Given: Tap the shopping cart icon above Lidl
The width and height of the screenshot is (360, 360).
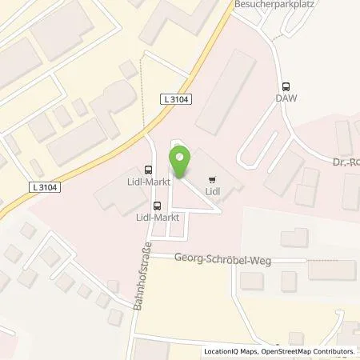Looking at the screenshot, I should coord(212,179).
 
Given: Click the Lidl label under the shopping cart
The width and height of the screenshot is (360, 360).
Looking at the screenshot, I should coord(212,191).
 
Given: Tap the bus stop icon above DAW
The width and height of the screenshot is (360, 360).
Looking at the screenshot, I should coord(285,87).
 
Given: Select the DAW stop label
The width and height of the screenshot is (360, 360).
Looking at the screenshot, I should coord(285,98).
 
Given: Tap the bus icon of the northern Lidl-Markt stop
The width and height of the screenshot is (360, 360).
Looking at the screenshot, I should coord(148,170).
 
